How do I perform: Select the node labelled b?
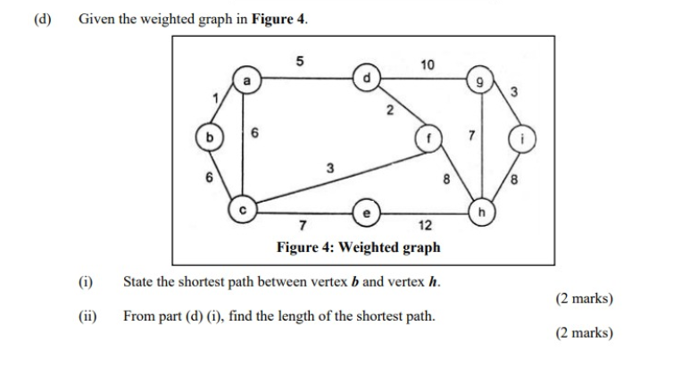[x=211, y=138]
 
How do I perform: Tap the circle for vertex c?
[x=242, y=209]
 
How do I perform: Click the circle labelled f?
[x=428, y=139]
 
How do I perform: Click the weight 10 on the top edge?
[x=428, y=64]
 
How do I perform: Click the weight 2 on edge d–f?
[x=388, y=111]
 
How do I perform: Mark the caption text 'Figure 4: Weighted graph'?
[x=358, y=246]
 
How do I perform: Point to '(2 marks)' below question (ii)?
[x=584, y=332]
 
